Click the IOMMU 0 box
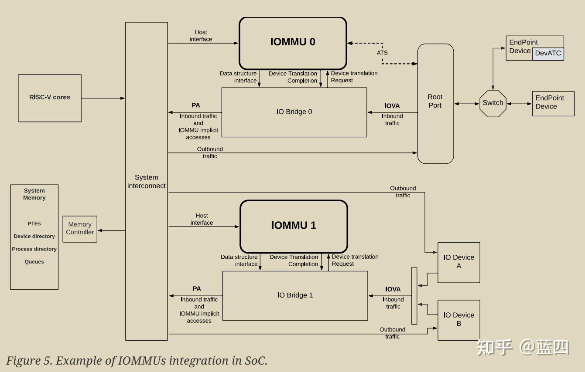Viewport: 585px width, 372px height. (x=293, y=43)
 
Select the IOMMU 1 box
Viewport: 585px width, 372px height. (x=294, y=227)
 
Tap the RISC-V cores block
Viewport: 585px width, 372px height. (x=50, y=98)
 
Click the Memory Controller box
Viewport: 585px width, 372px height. (x=80, y=229)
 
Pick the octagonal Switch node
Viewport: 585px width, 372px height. (x=493, y=104)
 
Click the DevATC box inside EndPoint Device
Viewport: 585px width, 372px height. (x=548, y=54)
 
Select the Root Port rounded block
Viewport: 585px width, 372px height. (x=435, y=104)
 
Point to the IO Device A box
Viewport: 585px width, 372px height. (x=458, y=263)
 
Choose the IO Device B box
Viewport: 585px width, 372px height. (x=458, y=320)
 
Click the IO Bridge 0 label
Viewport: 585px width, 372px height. (x=294, y=112)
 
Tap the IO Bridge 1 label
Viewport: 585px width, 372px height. (x=295, y=295)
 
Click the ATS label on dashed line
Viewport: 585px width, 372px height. (x=382, y=53)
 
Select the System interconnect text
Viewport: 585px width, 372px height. (x=146, y=182)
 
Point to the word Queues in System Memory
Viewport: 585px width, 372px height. (x=34, y=262)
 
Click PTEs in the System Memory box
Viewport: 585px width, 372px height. (x=34, y=223)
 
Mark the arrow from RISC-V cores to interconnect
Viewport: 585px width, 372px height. (x=103, y=98)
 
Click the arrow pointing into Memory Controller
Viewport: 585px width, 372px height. (x=112, y=230)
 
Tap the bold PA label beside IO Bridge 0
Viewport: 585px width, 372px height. (x=195, y=105)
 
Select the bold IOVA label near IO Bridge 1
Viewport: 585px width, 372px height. (x=393, y=289)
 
